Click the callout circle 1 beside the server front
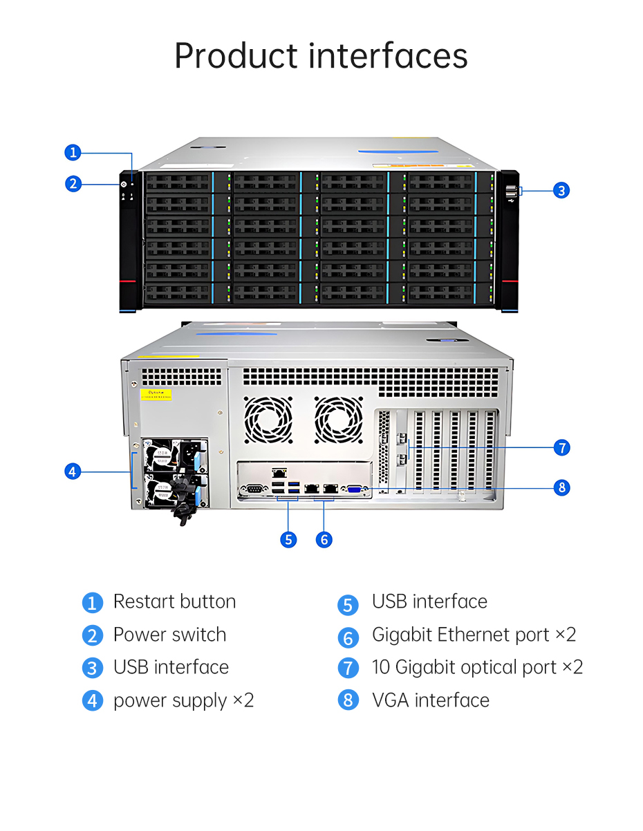pyautogui.click(x=73, y=153)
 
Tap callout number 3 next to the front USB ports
pyautogui.click(x=561, y=190)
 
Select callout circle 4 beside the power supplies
pyautogui.click(x=73, y=471)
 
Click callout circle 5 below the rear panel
pyautogui.click(x=288, y=539)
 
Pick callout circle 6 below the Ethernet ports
pyautogui.click(x=324, y=539)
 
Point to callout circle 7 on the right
pyautogui.click(x=561, y=447)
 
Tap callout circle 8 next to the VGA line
pyautogui.click(x=561, y=487)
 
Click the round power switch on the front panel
pyautogui.click(x=124, y=185)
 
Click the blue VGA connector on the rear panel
pyautogui.click(x=355, y=489)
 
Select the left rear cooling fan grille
pyautogui.click(x=268, y=420)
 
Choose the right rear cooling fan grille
pyautogui.click(x=338, y=420)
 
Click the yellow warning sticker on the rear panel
pyautogui.click(x=156, y=394)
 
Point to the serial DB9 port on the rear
pyautogui.click(x=252, y=489)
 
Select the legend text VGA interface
pyautogui.click(x=431, y=700)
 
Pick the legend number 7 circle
pyautogui.click(x=348, y=668)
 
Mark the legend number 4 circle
pyautogui.click(x=93, y=700)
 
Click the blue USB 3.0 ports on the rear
pyautogui.click(x=293, y=487)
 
